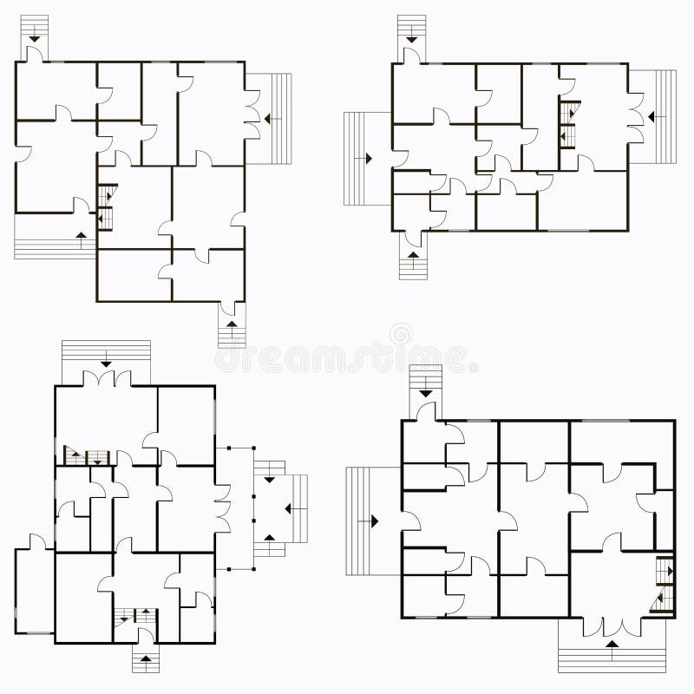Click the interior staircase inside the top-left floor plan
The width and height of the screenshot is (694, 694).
(106, 206)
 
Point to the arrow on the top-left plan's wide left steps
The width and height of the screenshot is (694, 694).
(82, 235)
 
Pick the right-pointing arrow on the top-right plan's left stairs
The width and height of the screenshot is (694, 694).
(368, 158)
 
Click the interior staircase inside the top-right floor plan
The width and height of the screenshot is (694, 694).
(568, 125)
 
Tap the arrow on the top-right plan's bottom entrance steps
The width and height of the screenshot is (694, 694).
(414, 256)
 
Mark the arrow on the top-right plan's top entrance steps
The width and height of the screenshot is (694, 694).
(411, 37)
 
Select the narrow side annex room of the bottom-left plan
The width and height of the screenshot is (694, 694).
(33, 590)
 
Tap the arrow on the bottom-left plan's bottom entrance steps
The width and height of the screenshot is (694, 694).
(146, 658)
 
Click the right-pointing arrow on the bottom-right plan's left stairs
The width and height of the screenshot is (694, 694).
(374, 521)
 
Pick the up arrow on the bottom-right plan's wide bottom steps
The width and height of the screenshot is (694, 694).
(612, 645)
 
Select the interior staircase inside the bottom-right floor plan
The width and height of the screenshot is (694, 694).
(665, 586)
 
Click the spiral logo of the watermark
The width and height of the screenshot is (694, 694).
(401, 334)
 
